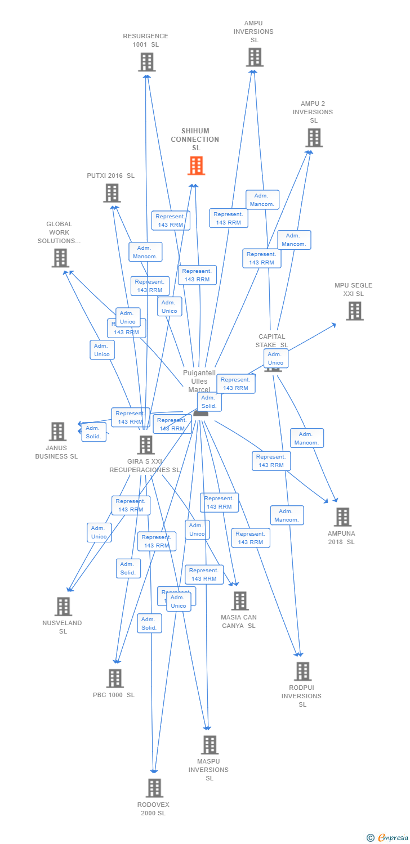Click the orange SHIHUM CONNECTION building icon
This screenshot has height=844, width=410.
196,166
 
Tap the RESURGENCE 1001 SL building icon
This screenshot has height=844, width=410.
146,62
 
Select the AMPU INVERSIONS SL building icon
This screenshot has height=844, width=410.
255,57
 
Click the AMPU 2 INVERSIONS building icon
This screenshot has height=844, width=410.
314,137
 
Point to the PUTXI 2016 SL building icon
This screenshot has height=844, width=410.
112,193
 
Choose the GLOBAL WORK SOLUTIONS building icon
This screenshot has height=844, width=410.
60,258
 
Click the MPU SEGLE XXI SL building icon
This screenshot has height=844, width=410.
354,311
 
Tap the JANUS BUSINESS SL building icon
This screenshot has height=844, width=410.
57,432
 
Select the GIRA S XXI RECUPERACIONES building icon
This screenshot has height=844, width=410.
146,445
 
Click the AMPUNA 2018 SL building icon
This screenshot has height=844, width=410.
342,517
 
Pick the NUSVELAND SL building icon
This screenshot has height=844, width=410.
64,607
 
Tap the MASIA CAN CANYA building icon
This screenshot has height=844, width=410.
240,601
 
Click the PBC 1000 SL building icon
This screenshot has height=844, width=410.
115,679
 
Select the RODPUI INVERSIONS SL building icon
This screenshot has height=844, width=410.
302,671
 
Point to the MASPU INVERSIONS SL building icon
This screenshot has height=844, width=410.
210,745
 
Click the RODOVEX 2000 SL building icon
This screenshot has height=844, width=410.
154,788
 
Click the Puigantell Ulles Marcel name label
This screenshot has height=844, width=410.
199,381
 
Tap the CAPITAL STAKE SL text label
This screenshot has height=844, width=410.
271,341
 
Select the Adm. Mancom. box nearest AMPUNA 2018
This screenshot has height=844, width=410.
307,438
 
